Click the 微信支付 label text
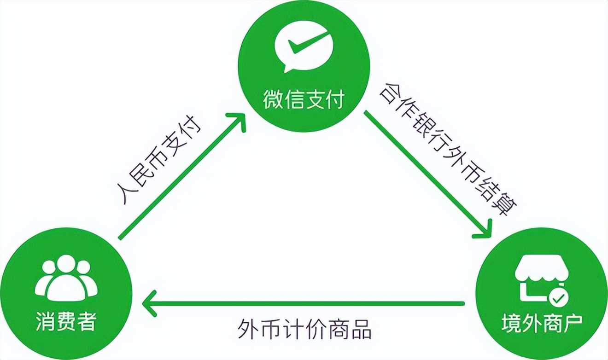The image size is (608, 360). point(304,99)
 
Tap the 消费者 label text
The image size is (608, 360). point(66,322)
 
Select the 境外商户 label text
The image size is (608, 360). point(542,323)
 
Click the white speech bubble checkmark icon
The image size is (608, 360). point(304,50)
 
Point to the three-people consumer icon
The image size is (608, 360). point(66,279)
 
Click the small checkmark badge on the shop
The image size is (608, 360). point(558,299)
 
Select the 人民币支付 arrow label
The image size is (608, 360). point(159,160)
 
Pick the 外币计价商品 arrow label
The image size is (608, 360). point(304,329)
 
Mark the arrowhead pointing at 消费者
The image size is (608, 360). point(149,303)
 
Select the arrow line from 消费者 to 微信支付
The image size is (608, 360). point(182,175)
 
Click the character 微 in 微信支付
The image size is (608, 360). point(273,99)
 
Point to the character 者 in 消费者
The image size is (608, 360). point(88,322)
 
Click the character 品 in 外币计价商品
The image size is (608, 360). point(361,329)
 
